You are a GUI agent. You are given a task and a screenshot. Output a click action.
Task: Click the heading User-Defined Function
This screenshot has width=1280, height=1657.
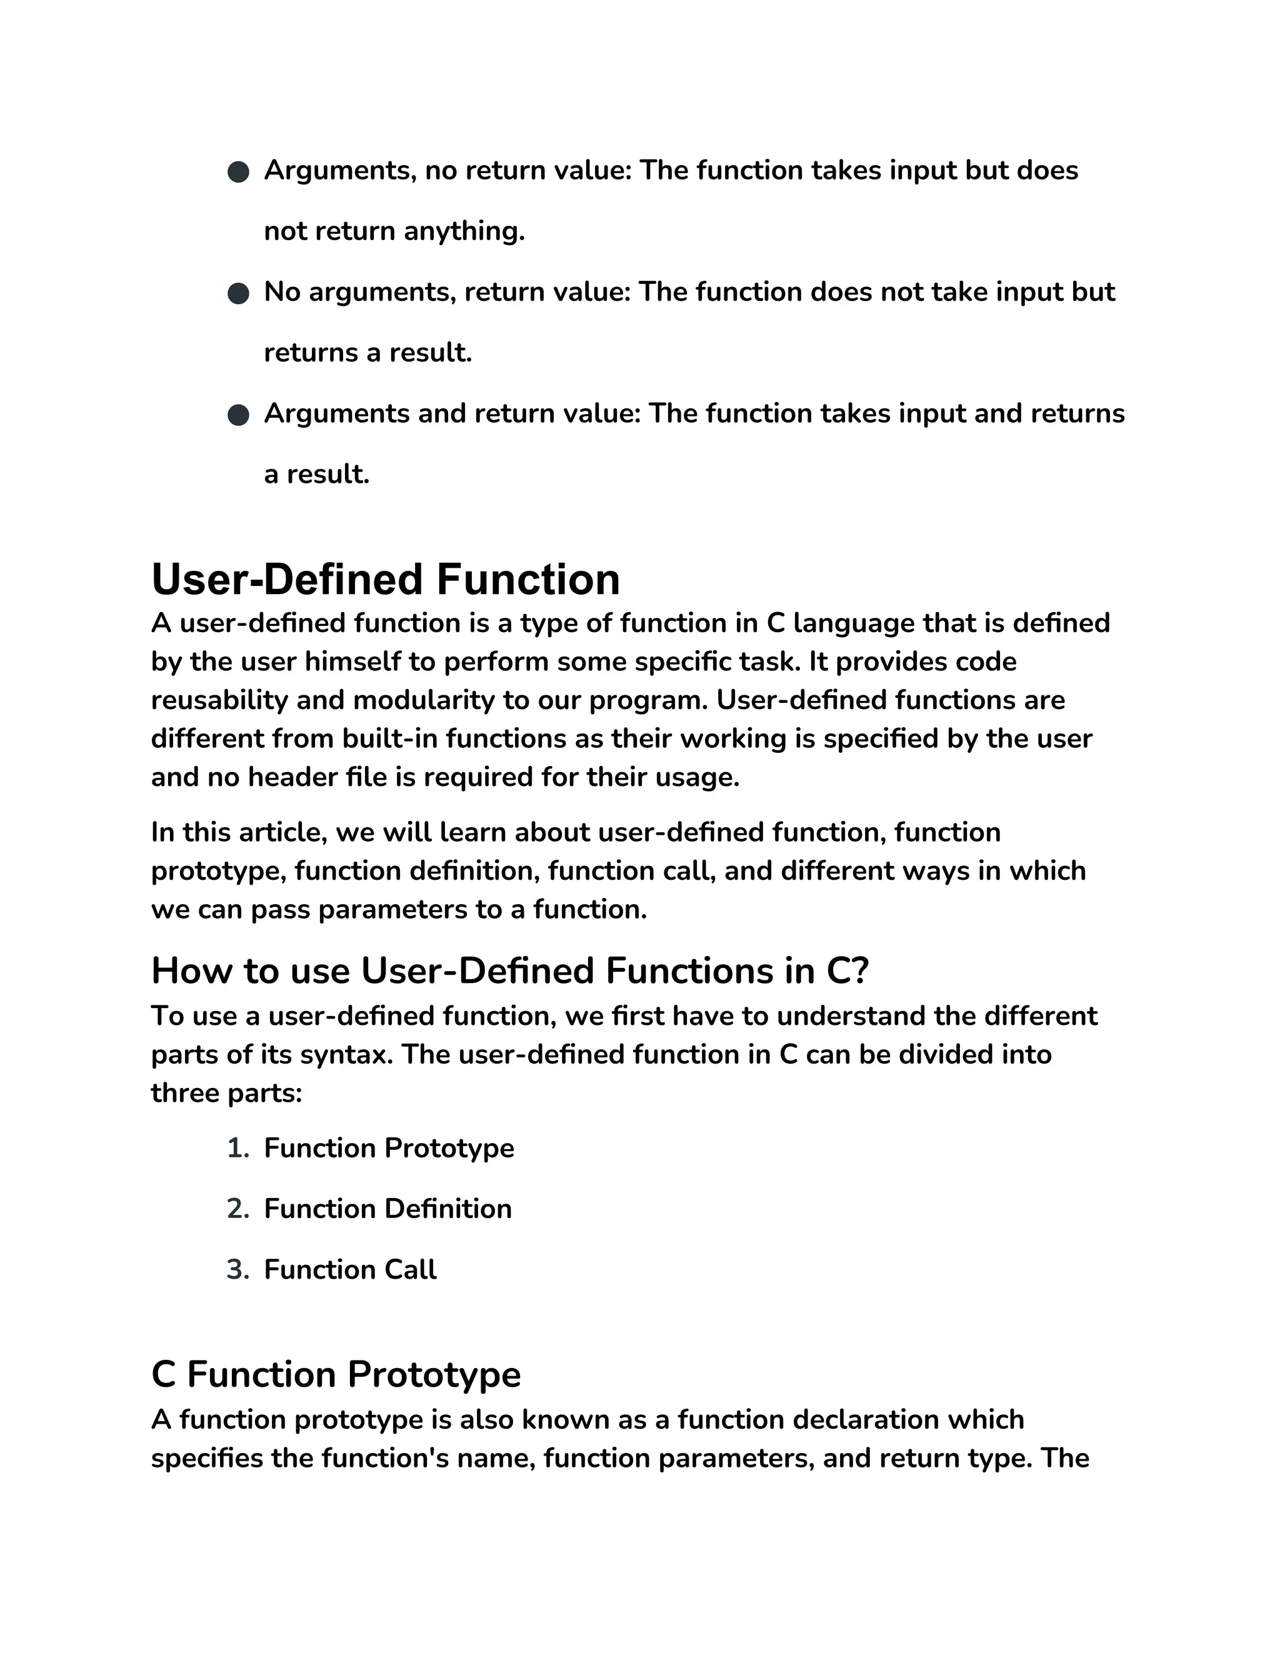pos(385,580)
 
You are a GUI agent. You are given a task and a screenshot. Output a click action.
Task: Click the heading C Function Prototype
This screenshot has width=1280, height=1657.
pos(336,1374)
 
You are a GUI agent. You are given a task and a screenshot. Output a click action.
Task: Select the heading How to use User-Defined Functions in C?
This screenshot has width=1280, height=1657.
pos(509,970)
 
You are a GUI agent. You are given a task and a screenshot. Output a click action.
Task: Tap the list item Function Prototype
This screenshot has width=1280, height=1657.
pos(388,1148)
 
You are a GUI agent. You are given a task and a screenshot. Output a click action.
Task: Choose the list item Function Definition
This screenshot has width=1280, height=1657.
pos(387,1209)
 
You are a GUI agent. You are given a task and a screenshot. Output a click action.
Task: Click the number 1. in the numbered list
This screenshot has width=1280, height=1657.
pos(237,1148)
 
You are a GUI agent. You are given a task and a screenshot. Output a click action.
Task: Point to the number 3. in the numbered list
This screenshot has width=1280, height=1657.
pos(237,1269)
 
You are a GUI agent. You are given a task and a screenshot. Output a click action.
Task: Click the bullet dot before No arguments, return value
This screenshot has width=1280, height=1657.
pos(238,294)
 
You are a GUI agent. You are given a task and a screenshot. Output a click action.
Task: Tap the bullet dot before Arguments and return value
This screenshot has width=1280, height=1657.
pos(238,415)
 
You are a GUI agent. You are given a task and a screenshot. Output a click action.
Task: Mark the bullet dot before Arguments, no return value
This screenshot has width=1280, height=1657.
pos(238,172)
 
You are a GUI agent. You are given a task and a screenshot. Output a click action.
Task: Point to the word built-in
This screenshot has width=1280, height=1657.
pos(389,738)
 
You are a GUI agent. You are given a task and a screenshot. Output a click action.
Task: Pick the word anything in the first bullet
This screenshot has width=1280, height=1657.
pos(464,231)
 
